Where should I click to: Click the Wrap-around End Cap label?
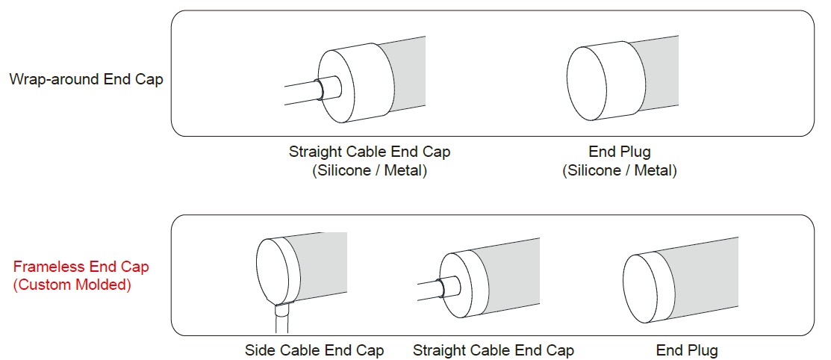[x=87, y=79]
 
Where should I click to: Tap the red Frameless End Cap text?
[x=81, y=266]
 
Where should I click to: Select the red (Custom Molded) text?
[x=72, y=285]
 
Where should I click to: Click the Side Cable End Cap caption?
[x=314, y=350]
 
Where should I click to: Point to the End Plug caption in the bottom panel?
[x=687, y=350]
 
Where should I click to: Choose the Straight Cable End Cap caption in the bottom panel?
[x=493, y=350]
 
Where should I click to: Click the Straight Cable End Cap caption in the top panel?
[x=370, y=152]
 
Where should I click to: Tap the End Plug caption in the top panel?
[x=620, y=152]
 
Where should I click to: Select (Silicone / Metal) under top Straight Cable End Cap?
[x=370, y=171]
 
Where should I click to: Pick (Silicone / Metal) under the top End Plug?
[x=620, y=171]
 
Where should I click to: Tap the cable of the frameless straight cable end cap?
[x=433, y=291]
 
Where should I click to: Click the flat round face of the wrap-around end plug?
[x=587, y=83]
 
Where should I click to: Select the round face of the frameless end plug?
[x=641, y=289]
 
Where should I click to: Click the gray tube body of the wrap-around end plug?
[x=655, y=77]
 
